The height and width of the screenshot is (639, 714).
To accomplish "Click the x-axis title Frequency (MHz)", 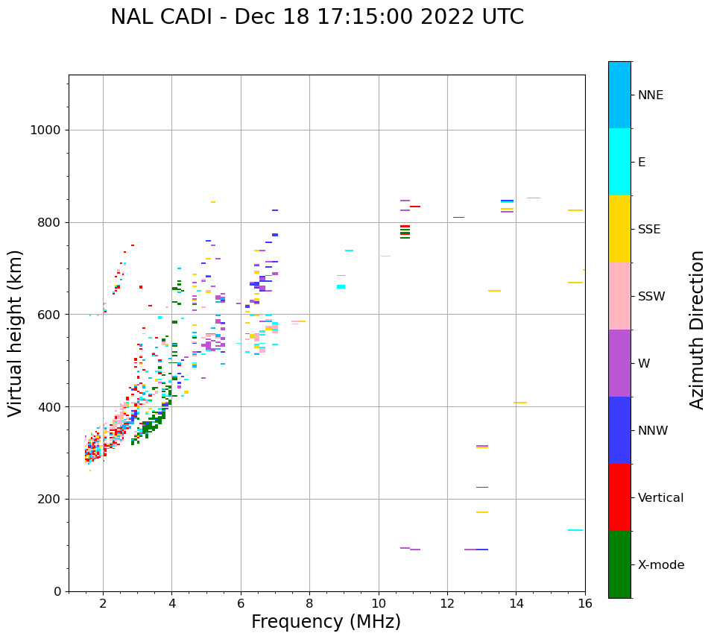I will pos(326,622).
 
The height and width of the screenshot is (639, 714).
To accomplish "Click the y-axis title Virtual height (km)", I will pos(16,333).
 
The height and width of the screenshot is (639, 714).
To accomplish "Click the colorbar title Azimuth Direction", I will pos(697,330).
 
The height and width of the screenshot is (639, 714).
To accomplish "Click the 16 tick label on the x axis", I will pos(585,602).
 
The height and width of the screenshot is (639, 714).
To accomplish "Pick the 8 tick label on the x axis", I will pos(309,602).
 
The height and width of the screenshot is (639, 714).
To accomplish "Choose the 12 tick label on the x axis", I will pos(447,602).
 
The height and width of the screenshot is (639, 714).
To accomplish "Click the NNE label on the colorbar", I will pos(650,95).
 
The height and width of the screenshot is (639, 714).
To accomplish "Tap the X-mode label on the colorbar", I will pos(660,565).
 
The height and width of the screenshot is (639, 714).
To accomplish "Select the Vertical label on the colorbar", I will pos(660,498).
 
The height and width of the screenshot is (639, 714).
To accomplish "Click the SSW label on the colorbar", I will pos(651,297).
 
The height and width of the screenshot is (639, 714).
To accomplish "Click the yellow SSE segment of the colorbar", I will pos(619,229).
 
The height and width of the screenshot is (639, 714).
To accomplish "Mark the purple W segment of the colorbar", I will pos(619,363).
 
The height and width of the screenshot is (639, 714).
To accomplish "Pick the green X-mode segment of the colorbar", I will pos(619,564).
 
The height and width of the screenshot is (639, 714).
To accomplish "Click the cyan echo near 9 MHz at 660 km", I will pos(341,286).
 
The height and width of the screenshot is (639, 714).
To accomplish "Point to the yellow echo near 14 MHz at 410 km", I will pos(520,403).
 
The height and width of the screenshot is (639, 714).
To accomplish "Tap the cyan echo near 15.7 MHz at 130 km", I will pos(575,530).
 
